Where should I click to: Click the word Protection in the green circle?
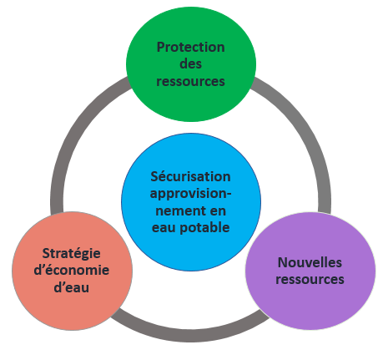coord(190,48)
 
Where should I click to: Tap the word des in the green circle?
coord(190,64)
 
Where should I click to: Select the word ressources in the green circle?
coord(190,81)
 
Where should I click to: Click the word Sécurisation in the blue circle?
coord(190,176)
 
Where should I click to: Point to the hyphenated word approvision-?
coord(190,194)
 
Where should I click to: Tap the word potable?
coord(204,228)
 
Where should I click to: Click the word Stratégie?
coord(72,254)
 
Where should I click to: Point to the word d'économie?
coord(72,271)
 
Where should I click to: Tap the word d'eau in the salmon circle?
coord(72,287)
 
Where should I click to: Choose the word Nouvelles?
coord(310,262)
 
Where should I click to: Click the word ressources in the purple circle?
coord(310,280)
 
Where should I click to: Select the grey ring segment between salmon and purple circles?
coord(190,335)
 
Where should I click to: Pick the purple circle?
coord(310,271)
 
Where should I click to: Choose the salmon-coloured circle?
coord(72,271)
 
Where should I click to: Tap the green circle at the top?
coord(191,64)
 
